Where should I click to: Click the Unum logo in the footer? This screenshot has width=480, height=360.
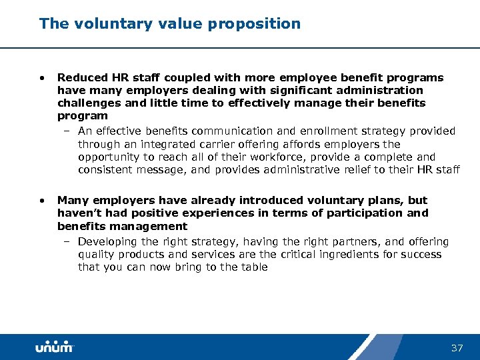pyautogui.click(x=54, y=347)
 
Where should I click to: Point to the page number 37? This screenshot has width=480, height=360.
pyautogui.click(x=457, y=348)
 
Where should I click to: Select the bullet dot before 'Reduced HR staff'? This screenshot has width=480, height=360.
pyautogui.click(x=42, y=78)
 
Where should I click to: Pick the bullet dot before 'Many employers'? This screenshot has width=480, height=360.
pyautogui.click(x=42, y=200)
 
